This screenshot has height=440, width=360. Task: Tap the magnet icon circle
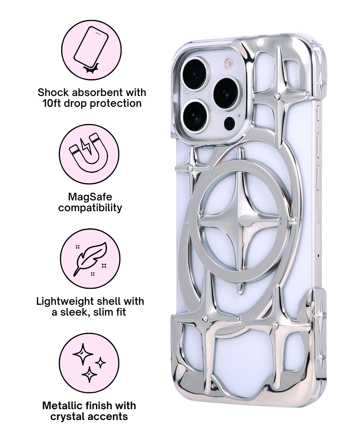coord(89,154)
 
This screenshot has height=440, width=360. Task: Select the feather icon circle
coord(90,258)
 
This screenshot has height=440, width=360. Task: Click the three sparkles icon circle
coord(89,362)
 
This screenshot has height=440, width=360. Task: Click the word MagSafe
coord(90,197)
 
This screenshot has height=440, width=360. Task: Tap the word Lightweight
coord(66,301)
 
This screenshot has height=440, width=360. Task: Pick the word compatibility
coord(90,208)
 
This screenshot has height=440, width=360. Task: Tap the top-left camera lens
coord(195,73)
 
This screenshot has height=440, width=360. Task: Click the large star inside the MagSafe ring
coord(240,221)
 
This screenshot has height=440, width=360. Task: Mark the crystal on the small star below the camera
coord(191,168)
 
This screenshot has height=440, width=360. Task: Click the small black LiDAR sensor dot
coord(230,123)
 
